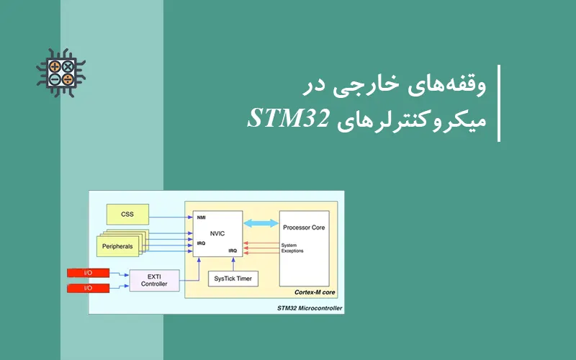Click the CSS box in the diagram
127,214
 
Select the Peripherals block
117,246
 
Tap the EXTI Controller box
154,279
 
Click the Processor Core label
303,228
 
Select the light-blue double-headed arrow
261,224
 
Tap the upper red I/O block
88,273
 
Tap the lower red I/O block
88,288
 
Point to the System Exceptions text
292,248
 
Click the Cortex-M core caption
315,292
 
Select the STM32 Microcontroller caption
310,309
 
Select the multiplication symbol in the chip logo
68,67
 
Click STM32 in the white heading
288,118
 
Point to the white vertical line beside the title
498,103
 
